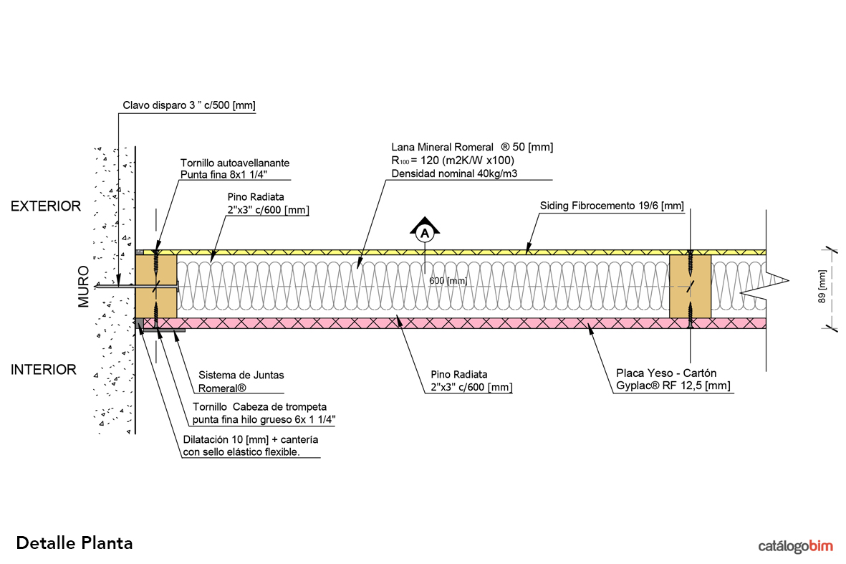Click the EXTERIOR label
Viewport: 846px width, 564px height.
pos(45,206)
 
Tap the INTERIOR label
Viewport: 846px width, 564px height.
pos(43,370)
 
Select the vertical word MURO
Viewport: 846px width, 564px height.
pos(84,287)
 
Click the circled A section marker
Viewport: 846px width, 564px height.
pos(425,232)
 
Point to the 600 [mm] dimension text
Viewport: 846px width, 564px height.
pos(448,281)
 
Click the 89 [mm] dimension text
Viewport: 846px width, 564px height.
pos(822,287)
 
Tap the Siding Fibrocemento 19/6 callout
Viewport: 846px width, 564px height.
pos(612,206)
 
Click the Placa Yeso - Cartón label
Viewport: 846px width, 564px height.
pos(665,373)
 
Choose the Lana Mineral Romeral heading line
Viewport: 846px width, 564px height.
pos(472,147)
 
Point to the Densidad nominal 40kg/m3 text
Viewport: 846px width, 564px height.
pos(454,173)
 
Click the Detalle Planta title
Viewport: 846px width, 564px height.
pos(74,543)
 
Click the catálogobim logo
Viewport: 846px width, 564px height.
pos(795,546)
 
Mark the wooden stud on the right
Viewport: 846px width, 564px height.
pos(690,287)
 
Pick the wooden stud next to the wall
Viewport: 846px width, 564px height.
pos(156,287)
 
